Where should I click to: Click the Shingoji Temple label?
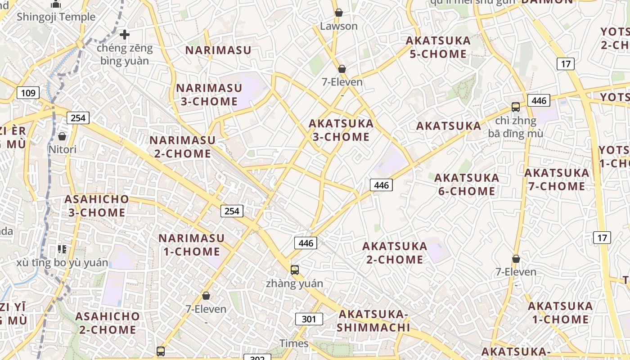click(x=56, y=17)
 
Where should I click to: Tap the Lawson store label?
click(x=339, y=26)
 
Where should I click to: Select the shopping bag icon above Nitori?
click(x=62, y=136)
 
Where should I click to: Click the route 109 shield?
click(x=28, y=93)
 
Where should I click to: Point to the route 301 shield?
click(x=309, y=319)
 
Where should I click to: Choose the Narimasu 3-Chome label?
click(x=207, y=94)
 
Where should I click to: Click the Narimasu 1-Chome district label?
click(x=191, y=244)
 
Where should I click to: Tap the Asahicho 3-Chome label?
click(x=96, y=206)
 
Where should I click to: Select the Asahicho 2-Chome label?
click(x=107, y=323)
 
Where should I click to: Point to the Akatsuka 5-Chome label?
click(x=438, y=47)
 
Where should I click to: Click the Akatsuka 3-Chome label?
click(x=341, y=130)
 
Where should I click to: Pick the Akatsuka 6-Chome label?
click(x=467, y=184)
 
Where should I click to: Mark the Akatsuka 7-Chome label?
click(x=557, y=179)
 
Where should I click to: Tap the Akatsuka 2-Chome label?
click(x=395, y=252)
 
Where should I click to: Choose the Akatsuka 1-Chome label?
click(x=560, y=312)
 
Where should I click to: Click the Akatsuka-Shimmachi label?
click(x=373, y=320)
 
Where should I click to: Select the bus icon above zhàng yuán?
click(x=295, y=270)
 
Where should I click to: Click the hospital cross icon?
click(x=125, y=34)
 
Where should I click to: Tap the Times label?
click(x=294, y=343)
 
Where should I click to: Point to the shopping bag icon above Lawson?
click(x=339, y=13)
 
